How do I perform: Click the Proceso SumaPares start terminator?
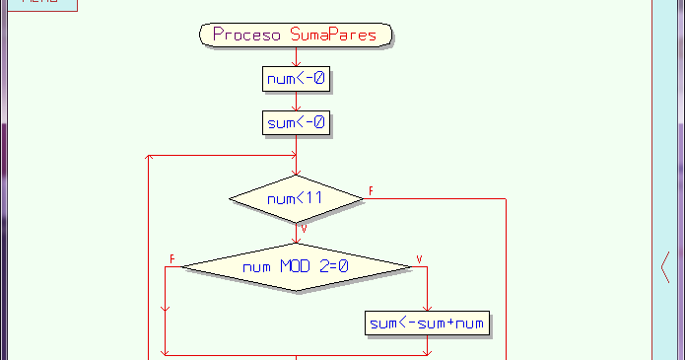tap(296, 36)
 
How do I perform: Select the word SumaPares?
tap(338, 36)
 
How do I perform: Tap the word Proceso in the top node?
tap(247, 36)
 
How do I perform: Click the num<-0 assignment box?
tap(296, 78)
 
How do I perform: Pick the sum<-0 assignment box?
tap(296, 123)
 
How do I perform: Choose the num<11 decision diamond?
tap(296, 198)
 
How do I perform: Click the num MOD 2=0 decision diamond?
tap(296, 266)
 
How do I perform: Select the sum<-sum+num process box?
tap(428, 323)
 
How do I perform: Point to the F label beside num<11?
tap(371, 190)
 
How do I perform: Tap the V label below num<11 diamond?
tap(304, 229)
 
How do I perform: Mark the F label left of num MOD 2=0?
tap(172, 258)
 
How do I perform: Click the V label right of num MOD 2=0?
tap(420, 258)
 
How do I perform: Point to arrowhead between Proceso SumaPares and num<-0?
tap(296, 61)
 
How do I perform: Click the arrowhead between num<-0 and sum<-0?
tap(296, 107)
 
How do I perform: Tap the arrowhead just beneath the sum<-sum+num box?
tap(428, 346)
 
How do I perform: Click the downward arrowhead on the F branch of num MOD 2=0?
tap(165, 307)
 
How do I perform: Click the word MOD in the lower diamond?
tap(296, 266)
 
